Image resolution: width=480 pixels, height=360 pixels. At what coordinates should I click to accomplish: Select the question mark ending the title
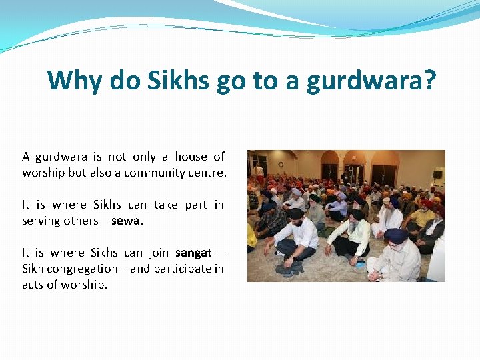(x=430, y=81)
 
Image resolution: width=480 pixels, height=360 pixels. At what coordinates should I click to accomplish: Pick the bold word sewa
(x=125, y=221)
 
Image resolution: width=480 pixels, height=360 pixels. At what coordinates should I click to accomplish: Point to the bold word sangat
(x=193, y=253)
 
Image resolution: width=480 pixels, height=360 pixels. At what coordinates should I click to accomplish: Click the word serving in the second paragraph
(x=41, y=221)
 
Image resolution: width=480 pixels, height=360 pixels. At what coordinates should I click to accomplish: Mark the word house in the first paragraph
(x=191, y=157)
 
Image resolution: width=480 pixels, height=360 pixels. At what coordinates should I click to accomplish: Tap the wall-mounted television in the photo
(x=437, y=174)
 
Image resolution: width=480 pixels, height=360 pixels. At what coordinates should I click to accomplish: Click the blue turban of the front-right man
(x=395, y=235)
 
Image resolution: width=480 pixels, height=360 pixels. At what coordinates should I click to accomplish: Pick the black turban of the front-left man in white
(x=296, y=214)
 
